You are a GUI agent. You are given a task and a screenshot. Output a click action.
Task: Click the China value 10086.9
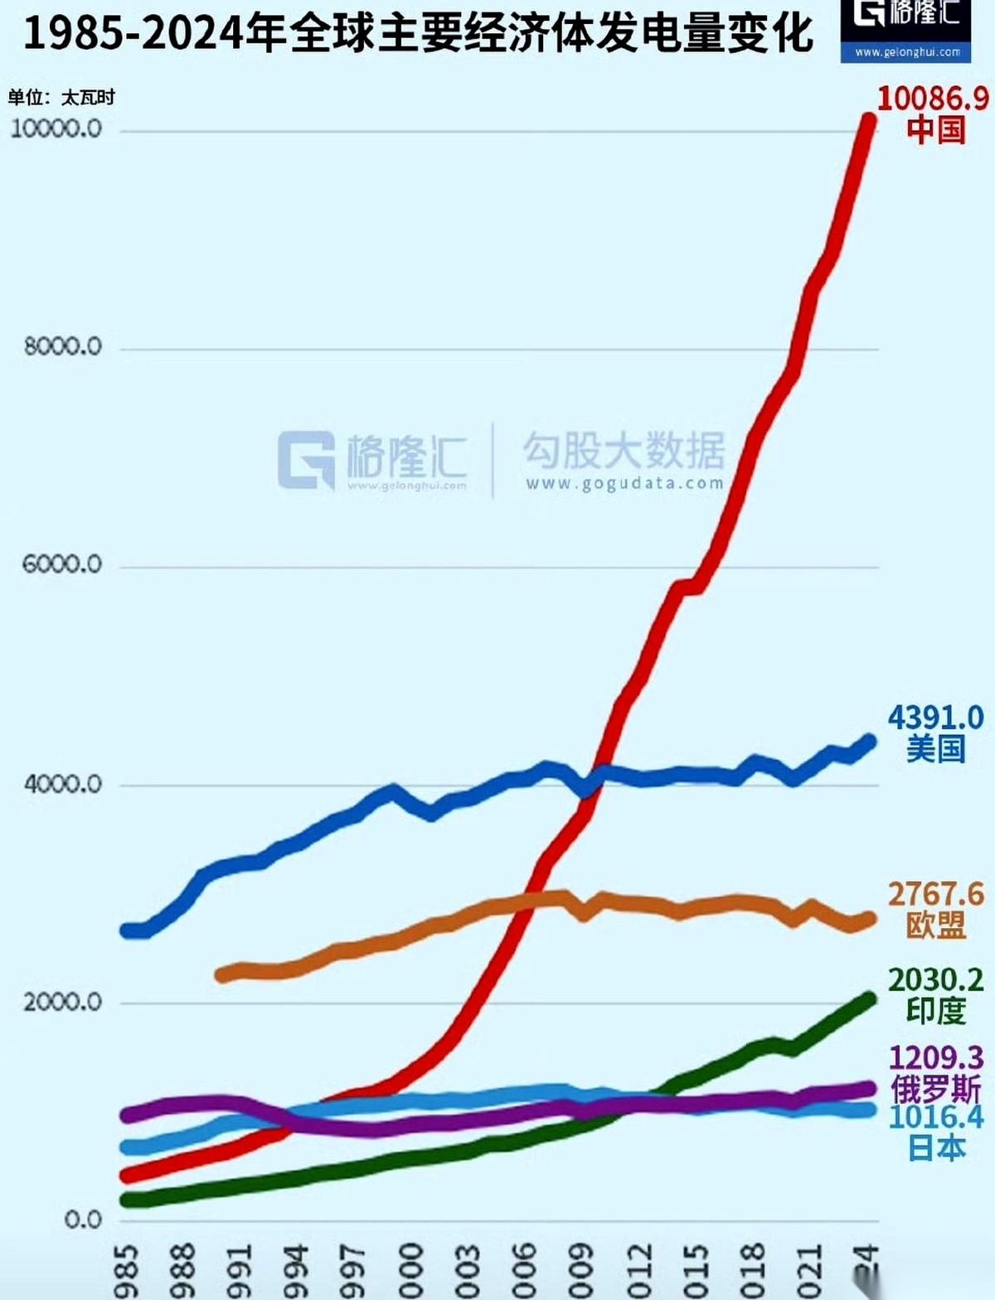pos(933,99)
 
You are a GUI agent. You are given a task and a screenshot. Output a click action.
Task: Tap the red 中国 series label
pos(935,130)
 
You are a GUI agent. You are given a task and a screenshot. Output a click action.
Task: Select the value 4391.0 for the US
pos(935,718)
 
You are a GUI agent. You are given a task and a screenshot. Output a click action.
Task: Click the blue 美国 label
pos(935,749)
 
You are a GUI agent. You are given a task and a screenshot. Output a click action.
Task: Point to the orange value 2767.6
pos(935,894)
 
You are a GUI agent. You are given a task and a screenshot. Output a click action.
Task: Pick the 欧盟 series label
pos(935,925)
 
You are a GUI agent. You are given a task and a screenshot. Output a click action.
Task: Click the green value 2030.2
pos(935,979)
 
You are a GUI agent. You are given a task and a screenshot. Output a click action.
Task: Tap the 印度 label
pos(935,1011)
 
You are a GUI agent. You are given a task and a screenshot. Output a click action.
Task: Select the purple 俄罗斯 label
pos(935,1088)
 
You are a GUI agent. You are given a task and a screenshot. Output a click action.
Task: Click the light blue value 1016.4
pos(935,1117)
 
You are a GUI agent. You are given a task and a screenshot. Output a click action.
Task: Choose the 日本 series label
pos(935,1148)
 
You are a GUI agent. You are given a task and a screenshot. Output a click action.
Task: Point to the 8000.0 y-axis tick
pos(63,346)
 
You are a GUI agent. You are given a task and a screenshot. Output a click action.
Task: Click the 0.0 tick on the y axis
pos(83,1220)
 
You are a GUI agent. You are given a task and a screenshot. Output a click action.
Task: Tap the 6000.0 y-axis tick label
pos(62,564)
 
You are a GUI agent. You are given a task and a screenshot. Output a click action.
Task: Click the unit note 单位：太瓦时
pos(61,98)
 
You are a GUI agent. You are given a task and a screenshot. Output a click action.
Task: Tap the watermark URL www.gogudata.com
pos(624,484)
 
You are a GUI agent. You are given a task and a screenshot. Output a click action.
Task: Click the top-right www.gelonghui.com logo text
pos(907,52)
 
